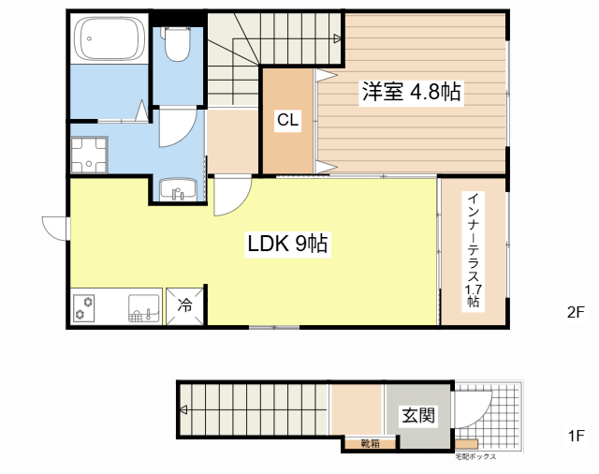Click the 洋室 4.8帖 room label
point(413,93)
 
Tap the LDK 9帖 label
point(286,245)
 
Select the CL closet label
point(287,120)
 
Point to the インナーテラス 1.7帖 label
point(475,250)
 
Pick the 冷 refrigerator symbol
point(184,305)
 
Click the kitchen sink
point(143,307)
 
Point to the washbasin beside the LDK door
point(176,192)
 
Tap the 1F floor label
point(576,436)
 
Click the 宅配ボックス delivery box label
point(475,457)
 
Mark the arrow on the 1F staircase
point(183,409)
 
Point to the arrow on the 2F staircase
point(335,37)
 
